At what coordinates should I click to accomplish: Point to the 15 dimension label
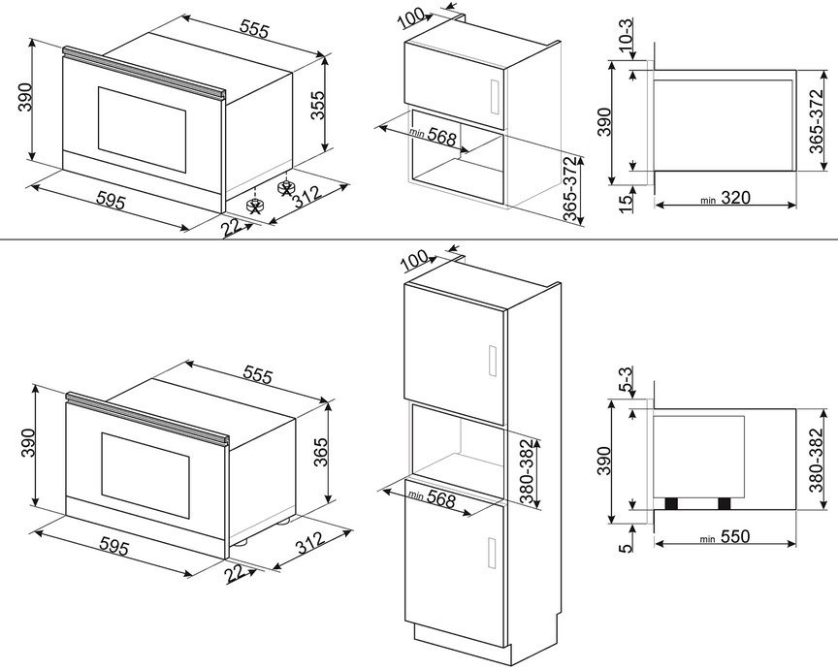point(627,202)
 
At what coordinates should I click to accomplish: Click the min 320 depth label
point(725,199)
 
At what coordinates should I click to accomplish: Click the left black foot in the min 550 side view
point(670,503)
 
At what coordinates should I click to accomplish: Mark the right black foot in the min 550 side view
point(724,503)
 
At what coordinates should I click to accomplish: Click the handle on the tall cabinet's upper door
point(493,360)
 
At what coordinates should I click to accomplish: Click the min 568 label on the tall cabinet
point(433,497)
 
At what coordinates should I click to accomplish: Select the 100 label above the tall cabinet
point(413,260)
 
